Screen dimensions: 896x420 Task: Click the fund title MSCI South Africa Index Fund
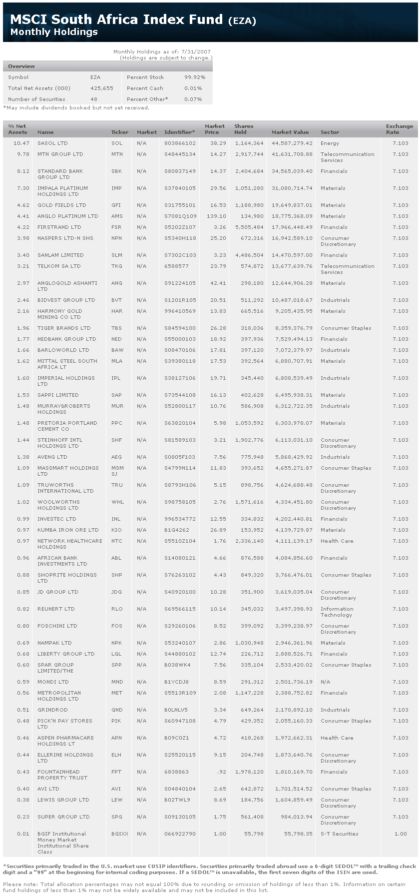coord(116,19)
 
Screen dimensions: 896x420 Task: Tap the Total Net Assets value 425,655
coord(102,88)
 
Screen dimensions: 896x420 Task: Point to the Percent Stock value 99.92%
coord(195,77)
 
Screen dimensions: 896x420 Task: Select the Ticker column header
coord(119,132)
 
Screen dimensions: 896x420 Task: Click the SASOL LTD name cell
coord(52,143)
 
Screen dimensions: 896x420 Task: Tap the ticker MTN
coord(117,154)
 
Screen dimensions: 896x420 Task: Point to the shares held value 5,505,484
coord(249,227)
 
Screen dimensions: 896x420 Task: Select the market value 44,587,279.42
coord(292,143)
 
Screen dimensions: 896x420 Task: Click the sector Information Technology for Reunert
coord(337,612)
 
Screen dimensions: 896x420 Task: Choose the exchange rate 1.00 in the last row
coord(401,834)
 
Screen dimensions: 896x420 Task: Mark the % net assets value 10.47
coord(20,143)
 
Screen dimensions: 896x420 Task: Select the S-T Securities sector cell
coord(339,834)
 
